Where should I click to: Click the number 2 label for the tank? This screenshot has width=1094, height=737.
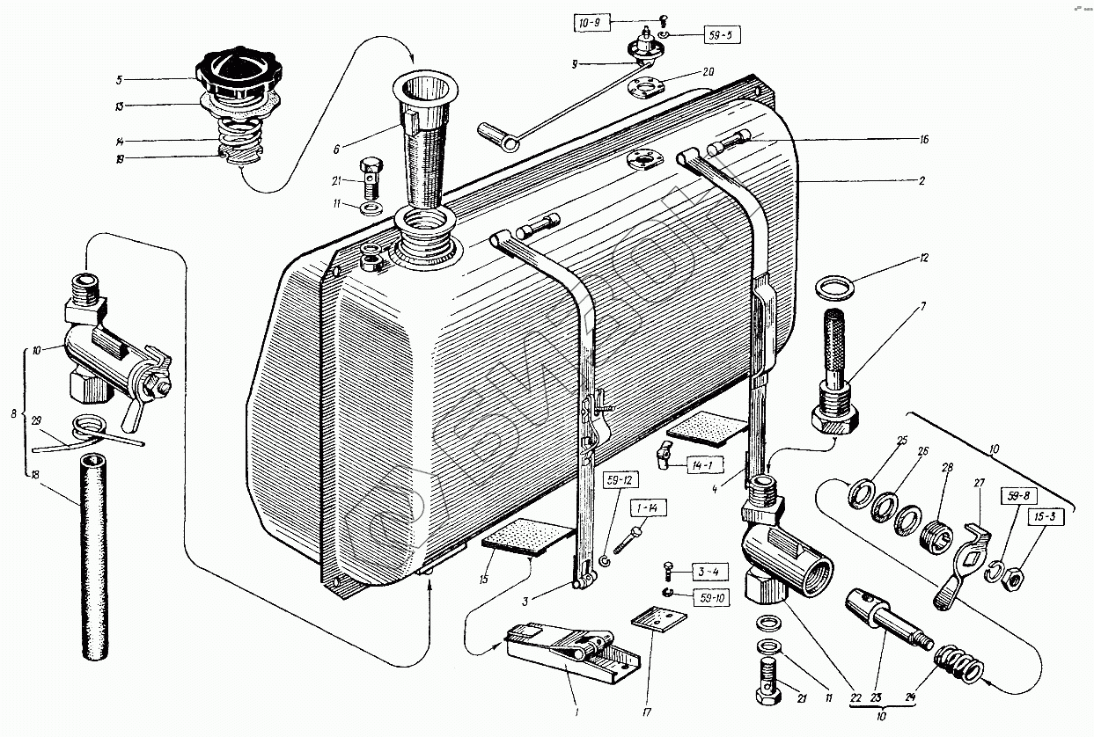921,181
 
